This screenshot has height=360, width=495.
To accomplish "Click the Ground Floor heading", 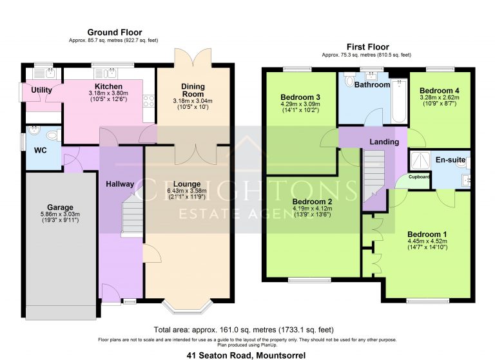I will [x=115, y=32].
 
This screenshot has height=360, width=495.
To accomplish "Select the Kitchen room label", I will [x=108, y=86].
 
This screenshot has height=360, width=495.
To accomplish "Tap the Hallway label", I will [x=120, y=184].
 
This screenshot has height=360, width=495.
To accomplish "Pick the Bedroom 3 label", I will [x=301, y=97].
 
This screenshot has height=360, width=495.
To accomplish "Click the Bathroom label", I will [x=373, y=84].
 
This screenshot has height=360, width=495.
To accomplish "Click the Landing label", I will [x=384, y=142].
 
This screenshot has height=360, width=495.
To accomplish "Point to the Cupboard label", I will [x=419, y=176].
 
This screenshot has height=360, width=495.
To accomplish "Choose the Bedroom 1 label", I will [x=427, y=234].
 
